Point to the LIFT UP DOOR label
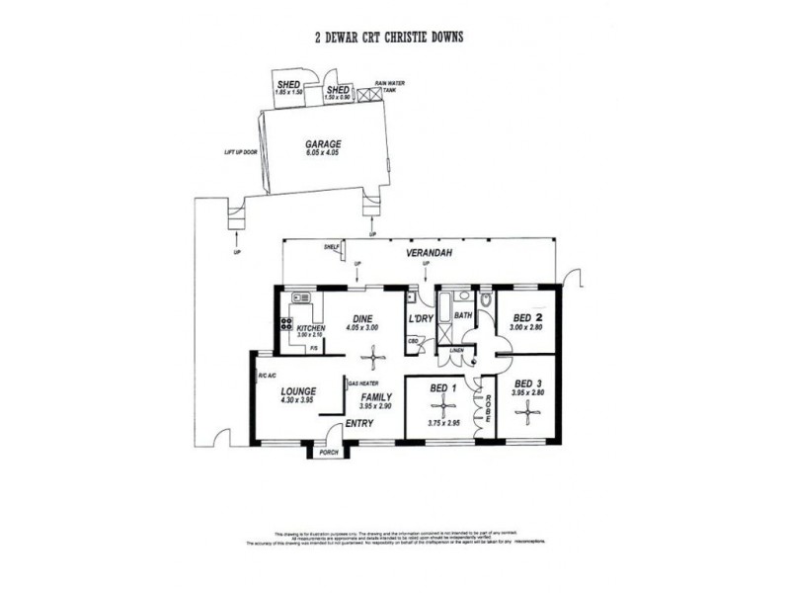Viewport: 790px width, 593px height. [241, 152]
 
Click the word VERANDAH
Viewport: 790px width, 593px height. [430, 254]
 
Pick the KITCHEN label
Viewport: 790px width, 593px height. [311, 328]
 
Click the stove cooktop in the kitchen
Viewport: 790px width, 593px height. [286, 323]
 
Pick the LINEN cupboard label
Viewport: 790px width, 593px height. [456, 351]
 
